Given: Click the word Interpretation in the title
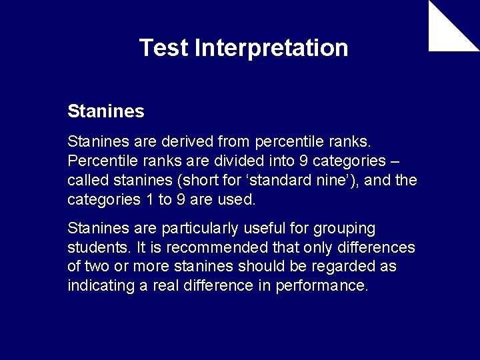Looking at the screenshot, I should point(271,48).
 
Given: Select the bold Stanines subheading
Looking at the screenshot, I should point(105,111).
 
